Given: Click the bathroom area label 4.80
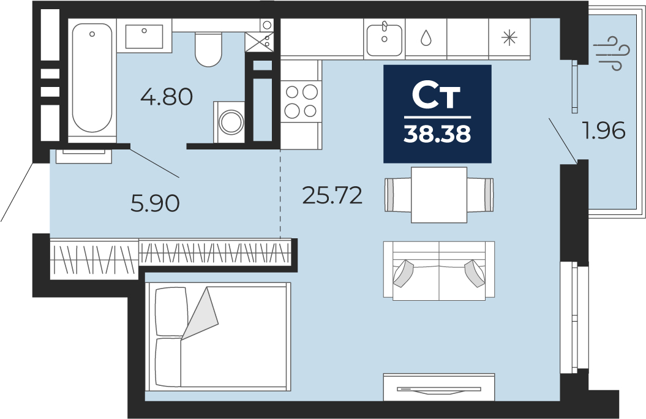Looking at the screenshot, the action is click(167, 97).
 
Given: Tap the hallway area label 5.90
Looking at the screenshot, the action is click(155, 203).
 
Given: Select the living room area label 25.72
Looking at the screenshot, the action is click(332, 195).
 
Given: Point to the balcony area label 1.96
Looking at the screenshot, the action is click(603, 130).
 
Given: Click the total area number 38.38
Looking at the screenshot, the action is click(437, 134).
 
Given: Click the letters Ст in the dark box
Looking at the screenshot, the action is click(437, 97).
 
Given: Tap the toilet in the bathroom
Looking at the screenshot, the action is click(208, 50).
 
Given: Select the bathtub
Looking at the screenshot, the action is click(92, 78).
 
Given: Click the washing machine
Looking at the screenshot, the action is click(229, 122).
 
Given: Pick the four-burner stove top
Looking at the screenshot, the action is click(301, 101).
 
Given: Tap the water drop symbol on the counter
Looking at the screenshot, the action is click(426, 38).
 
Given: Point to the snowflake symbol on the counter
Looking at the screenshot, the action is click(509, 38).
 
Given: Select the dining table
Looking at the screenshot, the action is click(439, 195).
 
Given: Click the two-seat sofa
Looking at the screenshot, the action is click(439, 271).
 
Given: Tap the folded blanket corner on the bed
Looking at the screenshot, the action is click(200, 314).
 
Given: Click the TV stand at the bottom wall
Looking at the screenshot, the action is click(439, 387).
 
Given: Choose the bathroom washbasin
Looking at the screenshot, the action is click(144, 36).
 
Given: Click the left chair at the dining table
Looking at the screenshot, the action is click(398, 195).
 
